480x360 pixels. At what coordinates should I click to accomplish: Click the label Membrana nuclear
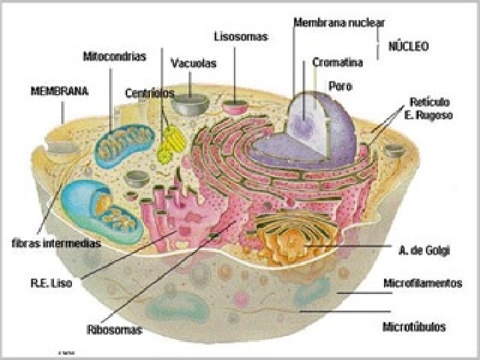pos(339,22)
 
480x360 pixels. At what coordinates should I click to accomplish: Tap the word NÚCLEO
pos(409,47)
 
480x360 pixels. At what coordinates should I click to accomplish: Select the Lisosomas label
pos(241,37)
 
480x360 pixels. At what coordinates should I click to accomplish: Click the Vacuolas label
pos(193,64)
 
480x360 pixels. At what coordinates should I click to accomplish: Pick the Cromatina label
pos(338,63)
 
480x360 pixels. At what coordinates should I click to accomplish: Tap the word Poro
pos(341,85)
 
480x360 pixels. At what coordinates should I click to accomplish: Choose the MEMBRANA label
pos(60,90)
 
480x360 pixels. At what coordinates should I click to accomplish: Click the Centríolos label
pos(149,93)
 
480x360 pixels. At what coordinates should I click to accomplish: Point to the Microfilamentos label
pos(423,283)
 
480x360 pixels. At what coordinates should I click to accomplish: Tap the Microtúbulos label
pos(414,327)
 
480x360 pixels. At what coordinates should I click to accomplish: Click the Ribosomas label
pos(114,329)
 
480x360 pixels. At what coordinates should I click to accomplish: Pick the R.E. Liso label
pos(51,283)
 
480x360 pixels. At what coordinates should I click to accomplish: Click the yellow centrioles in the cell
pos(170,142)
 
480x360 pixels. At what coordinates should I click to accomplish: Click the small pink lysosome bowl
pos(234,105)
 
